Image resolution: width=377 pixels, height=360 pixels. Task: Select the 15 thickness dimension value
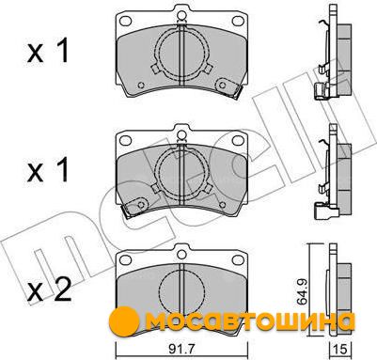point(339,349)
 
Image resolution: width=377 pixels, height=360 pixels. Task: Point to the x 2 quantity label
point(49,292)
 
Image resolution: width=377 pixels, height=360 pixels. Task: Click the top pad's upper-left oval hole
point(126,21)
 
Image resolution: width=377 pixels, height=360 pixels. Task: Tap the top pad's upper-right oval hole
point(238,21)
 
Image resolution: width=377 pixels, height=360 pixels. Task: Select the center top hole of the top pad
point(181,16)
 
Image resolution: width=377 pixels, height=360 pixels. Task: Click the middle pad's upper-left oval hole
point(126,140)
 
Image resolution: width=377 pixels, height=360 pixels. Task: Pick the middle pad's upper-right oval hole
point(238,140)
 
